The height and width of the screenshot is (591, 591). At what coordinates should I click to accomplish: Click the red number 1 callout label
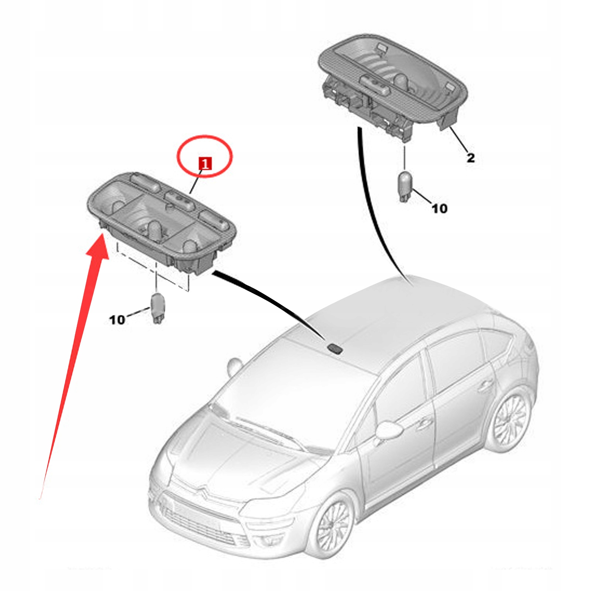[x=205, y=163]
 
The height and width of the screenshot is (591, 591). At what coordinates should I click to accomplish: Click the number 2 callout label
[x=470, y=158]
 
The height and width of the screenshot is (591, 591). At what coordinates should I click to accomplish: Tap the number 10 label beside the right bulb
[x=439, y=209]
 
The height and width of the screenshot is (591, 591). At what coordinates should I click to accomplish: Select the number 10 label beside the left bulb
[x=117, y=319]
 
